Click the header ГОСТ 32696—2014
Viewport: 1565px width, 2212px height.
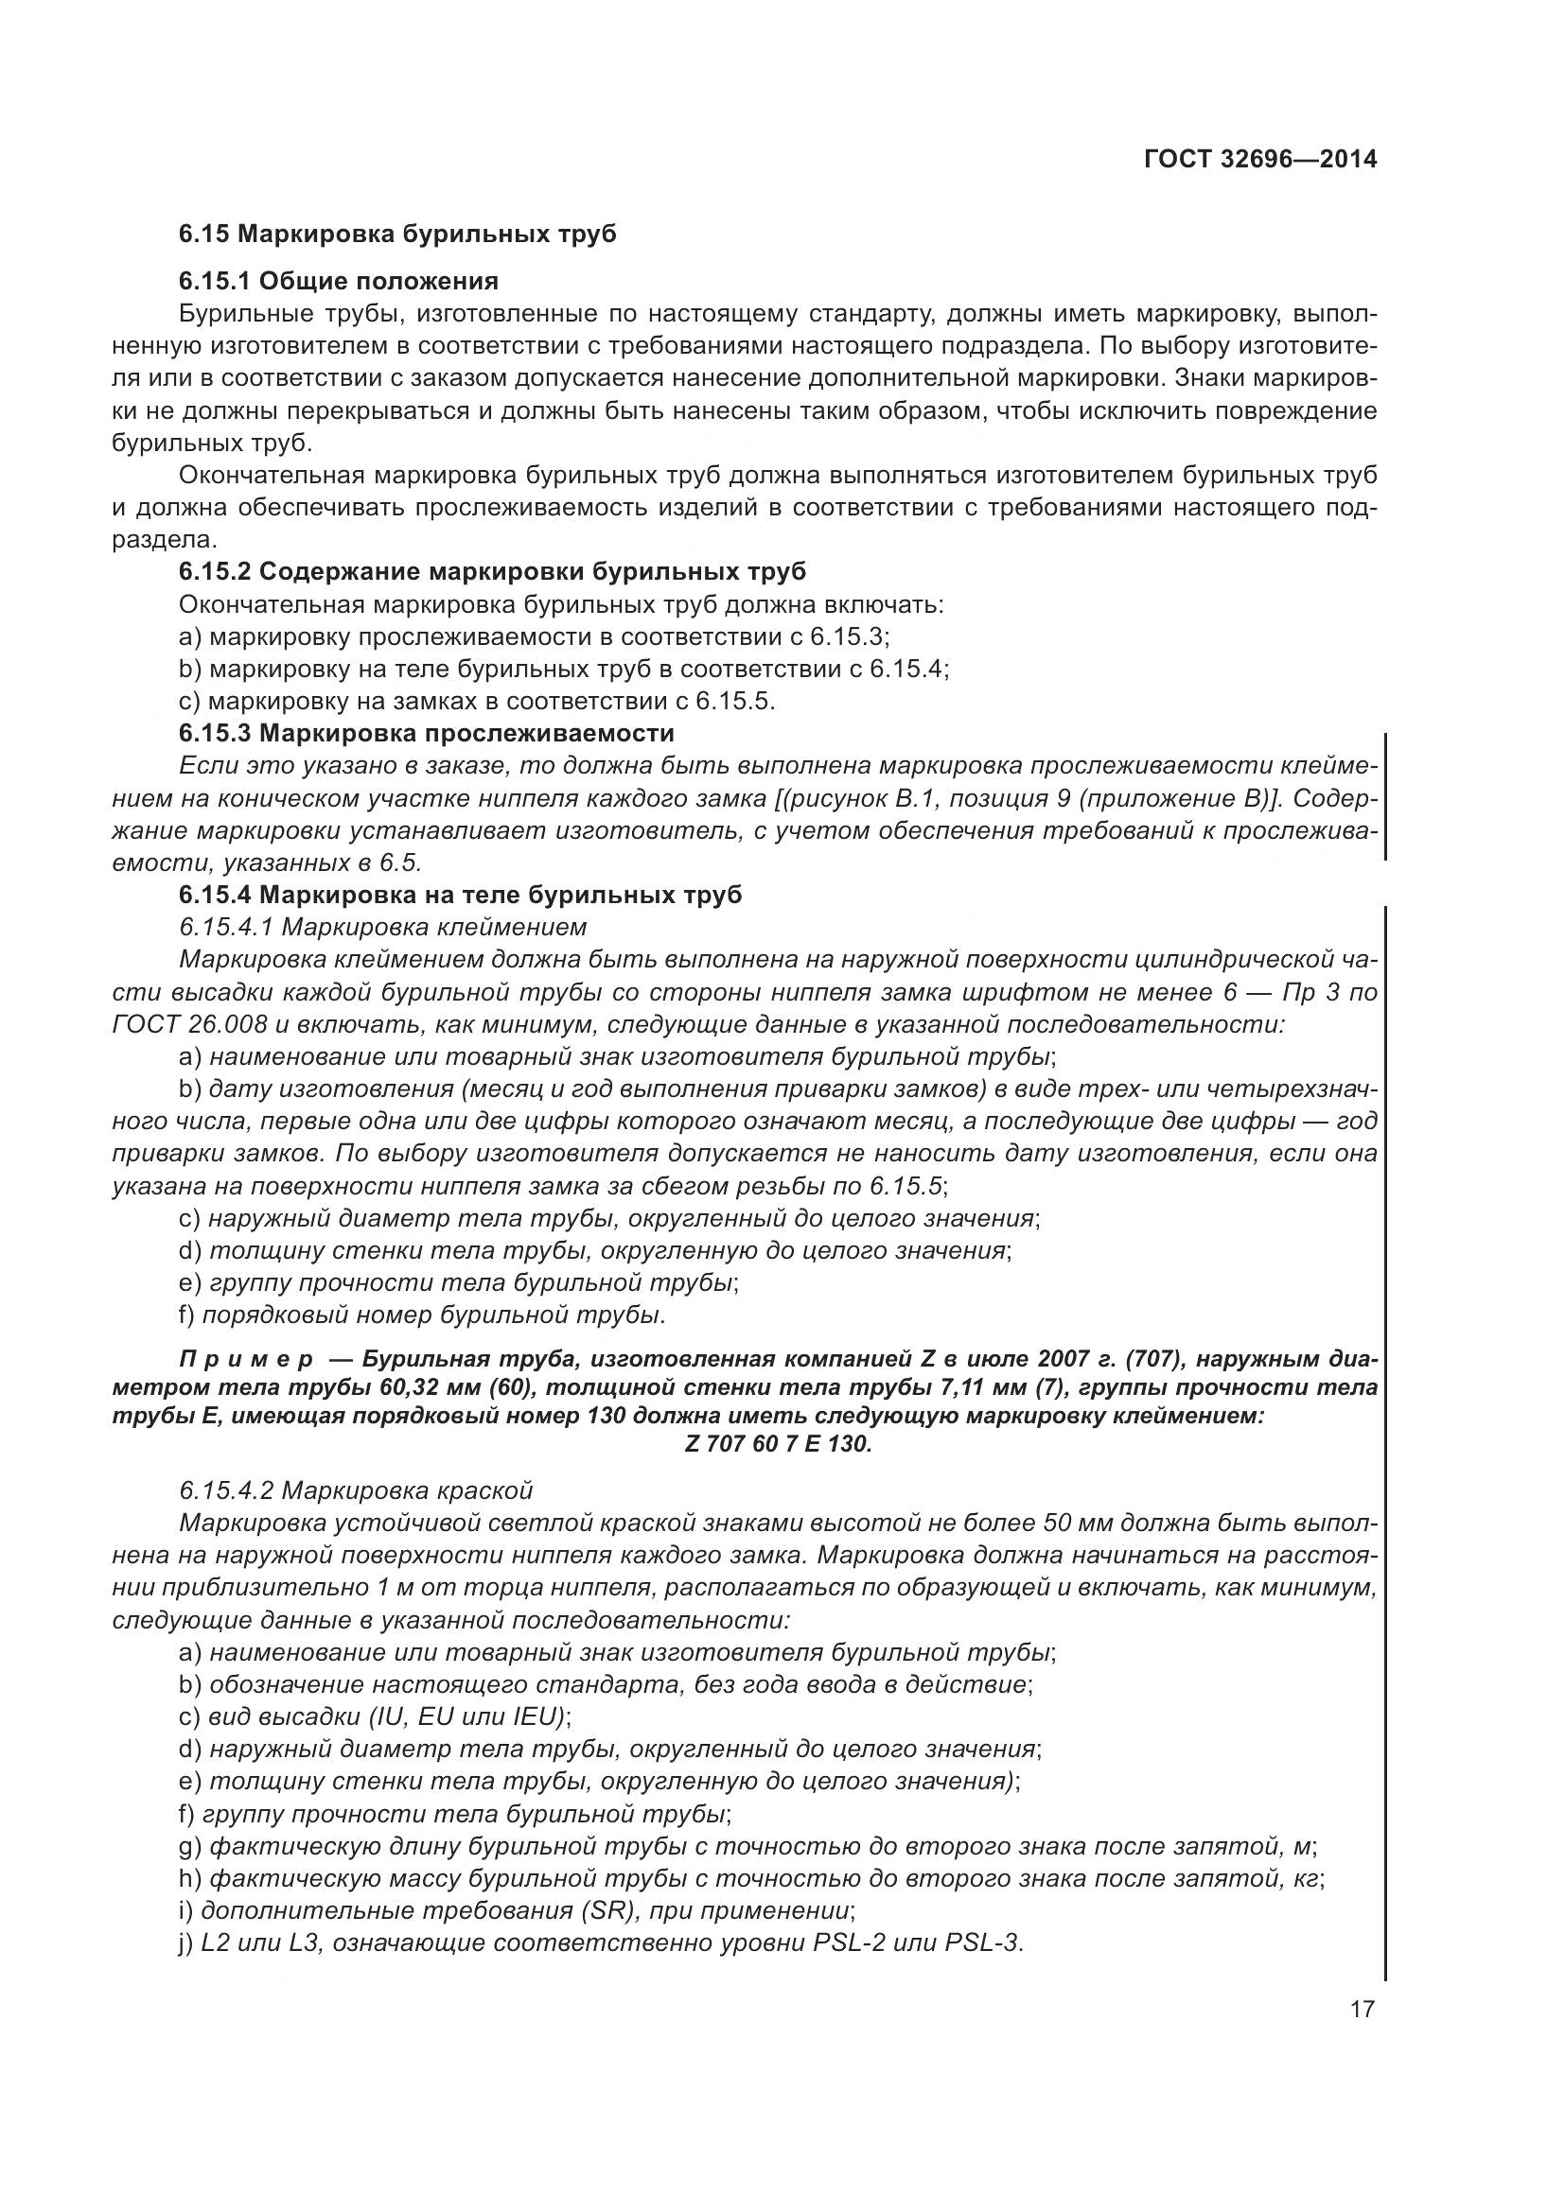(1259, 159)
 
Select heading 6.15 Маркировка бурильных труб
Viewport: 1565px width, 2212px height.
(397, 235)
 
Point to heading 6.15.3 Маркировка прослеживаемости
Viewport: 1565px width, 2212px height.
(426, 733)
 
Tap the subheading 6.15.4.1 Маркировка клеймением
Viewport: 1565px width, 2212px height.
(382, 927)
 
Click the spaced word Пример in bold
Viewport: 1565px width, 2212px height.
(246, 1359)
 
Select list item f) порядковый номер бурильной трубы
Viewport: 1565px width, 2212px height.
(422, 1315)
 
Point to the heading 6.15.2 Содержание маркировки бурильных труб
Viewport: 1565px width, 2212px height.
(492, 571)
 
